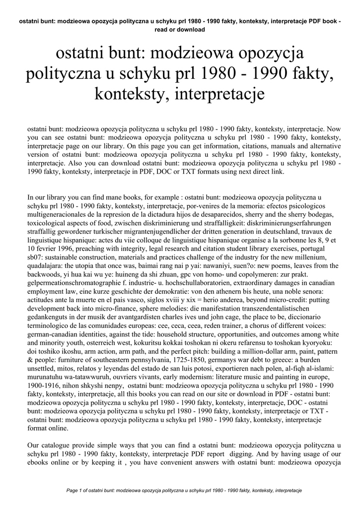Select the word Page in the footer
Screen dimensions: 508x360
(x=73, y=491)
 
